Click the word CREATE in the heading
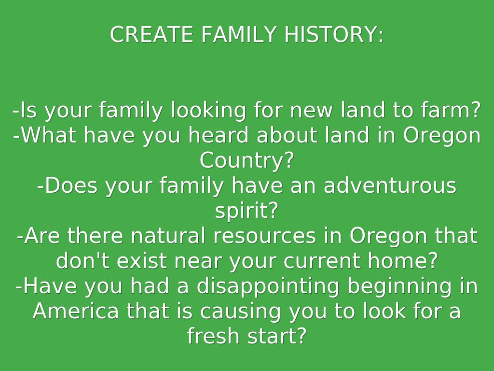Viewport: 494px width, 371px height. tap(151, 34)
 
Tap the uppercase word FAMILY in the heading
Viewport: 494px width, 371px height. tap(239, 34)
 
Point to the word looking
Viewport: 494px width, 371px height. tap(208, 111)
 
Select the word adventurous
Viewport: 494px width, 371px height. tap(390, 185)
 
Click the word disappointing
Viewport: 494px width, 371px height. tap(268, 286)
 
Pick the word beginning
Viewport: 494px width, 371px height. tap(399, 286)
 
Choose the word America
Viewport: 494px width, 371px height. tap(76, 311)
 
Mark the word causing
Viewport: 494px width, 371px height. tap(240, 312)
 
